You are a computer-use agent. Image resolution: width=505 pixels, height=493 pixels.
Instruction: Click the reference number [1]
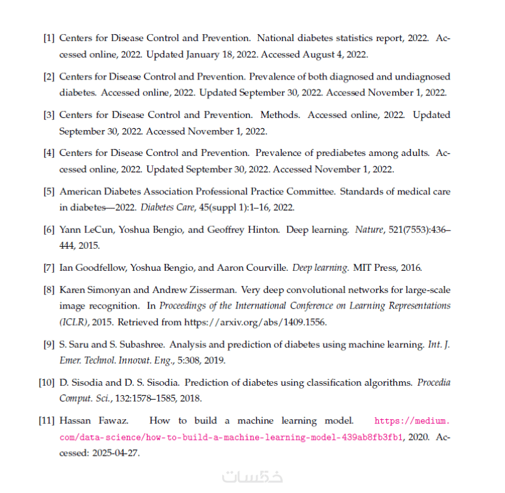click(49, 39)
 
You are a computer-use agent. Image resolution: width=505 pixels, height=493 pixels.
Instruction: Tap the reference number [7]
click(49, 268)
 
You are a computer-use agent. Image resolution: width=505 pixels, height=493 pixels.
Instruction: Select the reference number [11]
click(46, 420)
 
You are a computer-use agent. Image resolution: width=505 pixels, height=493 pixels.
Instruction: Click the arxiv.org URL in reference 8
click(255, 322)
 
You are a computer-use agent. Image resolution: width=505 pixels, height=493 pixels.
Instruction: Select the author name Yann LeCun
click(83, 230)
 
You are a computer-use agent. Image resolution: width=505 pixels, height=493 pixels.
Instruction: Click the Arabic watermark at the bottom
click(244, 478)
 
